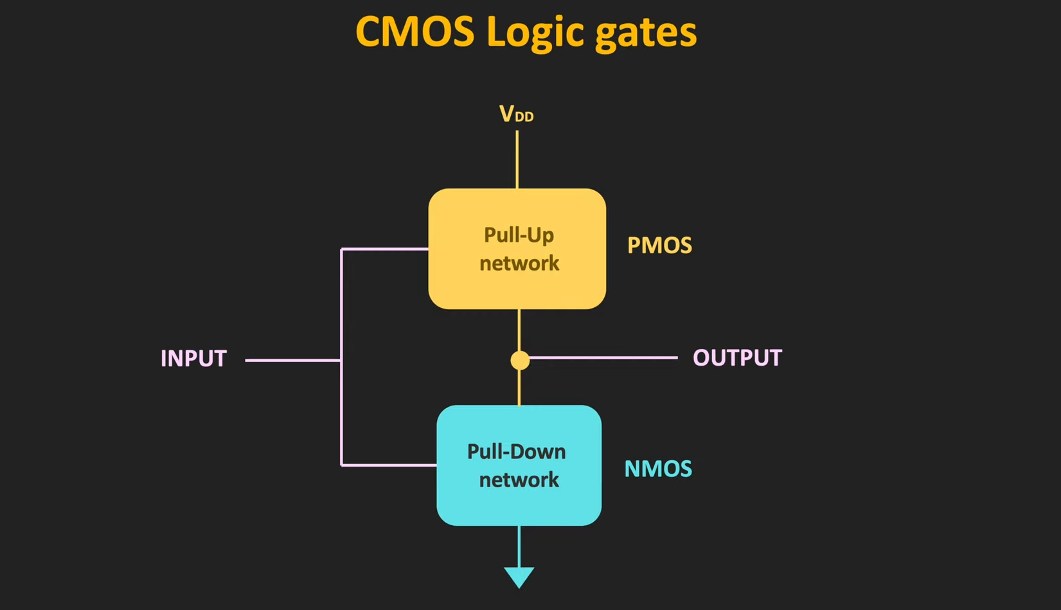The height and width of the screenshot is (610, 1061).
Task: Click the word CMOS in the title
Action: (414, 32)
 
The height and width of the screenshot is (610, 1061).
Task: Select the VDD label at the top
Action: (516, 114)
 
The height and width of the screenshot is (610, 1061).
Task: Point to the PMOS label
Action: (659, 246)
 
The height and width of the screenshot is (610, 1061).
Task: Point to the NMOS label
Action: (658, 469)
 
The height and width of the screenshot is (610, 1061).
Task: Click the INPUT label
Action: (193, 359)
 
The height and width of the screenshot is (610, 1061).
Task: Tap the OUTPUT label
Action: (737, 358)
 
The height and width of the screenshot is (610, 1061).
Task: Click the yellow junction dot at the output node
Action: (520, 360)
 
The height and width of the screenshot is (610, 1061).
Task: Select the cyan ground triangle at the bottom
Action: (519, 577)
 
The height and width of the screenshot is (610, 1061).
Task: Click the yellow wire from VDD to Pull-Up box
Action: (517, 161)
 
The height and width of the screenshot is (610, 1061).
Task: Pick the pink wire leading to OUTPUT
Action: (604, 357)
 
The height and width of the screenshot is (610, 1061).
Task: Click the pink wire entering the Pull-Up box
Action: (386, 249)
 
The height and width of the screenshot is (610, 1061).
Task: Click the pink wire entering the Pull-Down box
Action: (389, 465)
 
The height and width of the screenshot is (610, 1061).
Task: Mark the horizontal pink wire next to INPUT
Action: (292, 360)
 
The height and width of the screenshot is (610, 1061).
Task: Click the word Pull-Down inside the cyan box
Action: (516, 451)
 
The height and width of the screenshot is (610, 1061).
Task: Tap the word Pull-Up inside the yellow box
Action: (519, 235)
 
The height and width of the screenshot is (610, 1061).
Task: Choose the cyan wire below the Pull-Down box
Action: (519, 546)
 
